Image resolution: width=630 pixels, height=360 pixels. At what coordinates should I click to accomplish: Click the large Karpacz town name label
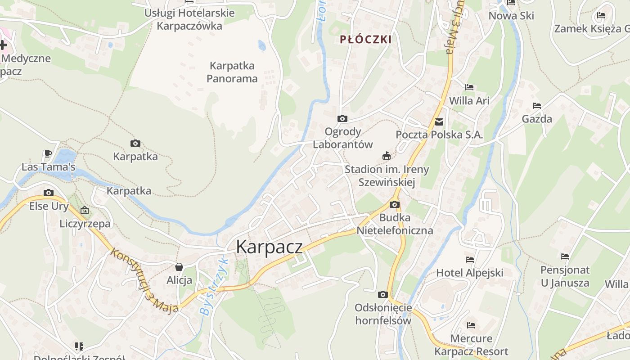pyautogui.click(x=269, y=247)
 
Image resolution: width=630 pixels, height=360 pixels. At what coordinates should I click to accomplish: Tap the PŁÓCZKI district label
pyautogui.click(x=365, y=40)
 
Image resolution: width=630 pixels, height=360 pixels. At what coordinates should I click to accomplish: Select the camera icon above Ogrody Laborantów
pyautogui.click(x=342, y=118)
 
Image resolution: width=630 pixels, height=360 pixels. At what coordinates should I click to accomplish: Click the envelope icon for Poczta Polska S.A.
pyautogui.click(x=439, y=121)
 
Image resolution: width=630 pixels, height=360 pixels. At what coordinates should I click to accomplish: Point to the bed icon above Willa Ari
pyautogui.click(x=469, y=87)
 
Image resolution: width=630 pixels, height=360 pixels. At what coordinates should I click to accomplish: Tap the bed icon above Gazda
pyautogui.click(x=537, y=106)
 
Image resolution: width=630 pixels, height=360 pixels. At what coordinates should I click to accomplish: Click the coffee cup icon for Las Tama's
pyautogui.click(x=48, y=153)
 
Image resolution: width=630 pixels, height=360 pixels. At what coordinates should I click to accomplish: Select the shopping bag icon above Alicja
pyautogui.click(x=179, y=267)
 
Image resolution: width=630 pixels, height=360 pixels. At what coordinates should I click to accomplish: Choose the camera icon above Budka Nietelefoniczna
pyautogui.click(x=395, y=204)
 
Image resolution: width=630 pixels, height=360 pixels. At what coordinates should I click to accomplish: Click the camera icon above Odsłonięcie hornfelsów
pyautogui.click(x=383, y=294)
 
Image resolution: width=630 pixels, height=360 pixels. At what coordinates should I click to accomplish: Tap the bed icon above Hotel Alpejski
pyautogui.click(x=470, y=259)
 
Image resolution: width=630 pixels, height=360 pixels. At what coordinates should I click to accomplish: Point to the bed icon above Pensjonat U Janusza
pyautogui.click(x=565, y=256)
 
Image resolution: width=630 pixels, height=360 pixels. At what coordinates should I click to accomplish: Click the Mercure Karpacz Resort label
pyautogui.click(x=471, y=345)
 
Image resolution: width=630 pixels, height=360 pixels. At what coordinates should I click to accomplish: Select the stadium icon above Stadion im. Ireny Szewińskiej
pyautogui.click(x=386, y=156)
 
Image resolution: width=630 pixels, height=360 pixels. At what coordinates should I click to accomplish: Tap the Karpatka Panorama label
pyautogui.click(x=232, y=72)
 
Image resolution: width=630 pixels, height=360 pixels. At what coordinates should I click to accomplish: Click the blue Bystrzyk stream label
pyautogui.click(x=214, y=287)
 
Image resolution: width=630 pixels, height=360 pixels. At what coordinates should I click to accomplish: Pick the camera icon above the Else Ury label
pyautogui.click(x=49, y=193)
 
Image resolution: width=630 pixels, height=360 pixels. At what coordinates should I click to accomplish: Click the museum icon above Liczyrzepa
pyautogui.click(x=85, y=210)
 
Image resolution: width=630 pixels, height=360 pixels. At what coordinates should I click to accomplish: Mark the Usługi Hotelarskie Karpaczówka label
pyautogui.click(x=189, y=19)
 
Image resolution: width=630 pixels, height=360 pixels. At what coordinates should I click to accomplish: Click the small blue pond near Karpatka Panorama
pyautogui.click(x=262, y=45)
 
